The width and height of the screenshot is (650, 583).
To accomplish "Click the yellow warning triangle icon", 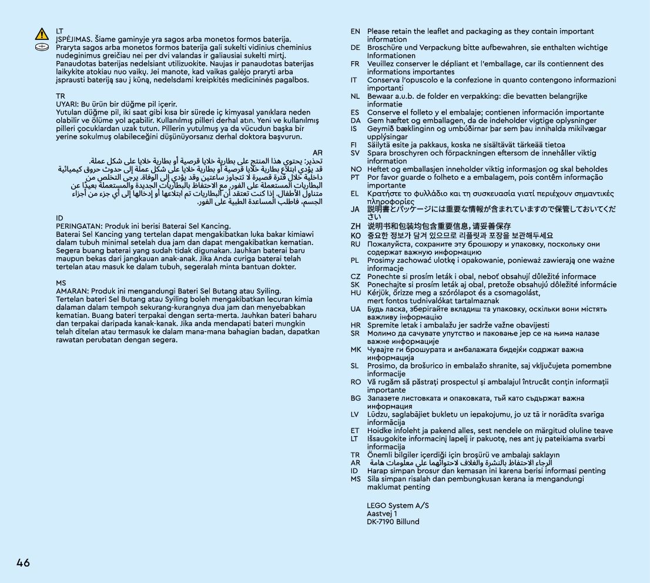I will (42, 34).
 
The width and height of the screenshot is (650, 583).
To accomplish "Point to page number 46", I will (23, 562).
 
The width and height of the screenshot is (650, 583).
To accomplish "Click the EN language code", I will (356, 32).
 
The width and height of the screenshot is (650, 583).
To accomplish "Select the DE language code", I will (356, 48).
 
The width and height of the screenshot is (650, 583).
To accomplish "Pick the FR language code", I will (356, 64).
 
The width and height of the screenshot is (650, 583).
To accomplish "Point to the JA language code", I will (356, 209).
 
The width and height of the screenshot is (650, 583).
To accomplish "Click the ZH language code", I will (356, 226).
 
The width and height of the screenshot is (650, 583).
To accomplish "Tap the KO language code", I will (356, 235).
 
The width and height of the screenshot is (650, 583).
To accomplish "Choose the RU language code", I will (356, 244).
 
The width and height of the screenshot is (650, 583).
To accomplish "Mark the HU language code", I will (356, 293).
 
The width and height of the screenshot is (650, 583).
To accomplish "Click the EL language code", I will (356, 193).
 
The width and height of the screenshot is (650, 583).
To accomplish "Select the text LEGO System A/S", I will (398, 505).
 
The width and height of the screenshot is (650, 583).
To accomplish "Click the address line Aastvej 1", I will (382, 514).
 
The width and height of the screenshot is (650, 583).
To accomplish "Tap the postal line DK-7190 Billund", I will (393, 522).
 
